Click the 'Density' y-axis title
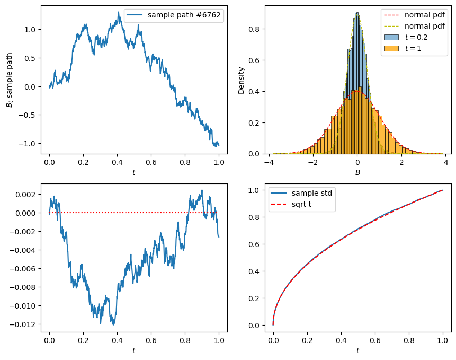tap(242, 80)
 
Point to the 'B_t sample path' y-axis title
tap(9, 80)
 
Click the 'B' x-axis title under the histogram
tap(357, 172)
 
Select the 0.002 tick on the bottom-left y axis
tap(26, 195)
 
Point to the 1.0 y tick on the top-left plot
tap(29, 30)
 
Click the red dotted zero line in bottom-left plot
tap(132, 213)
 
